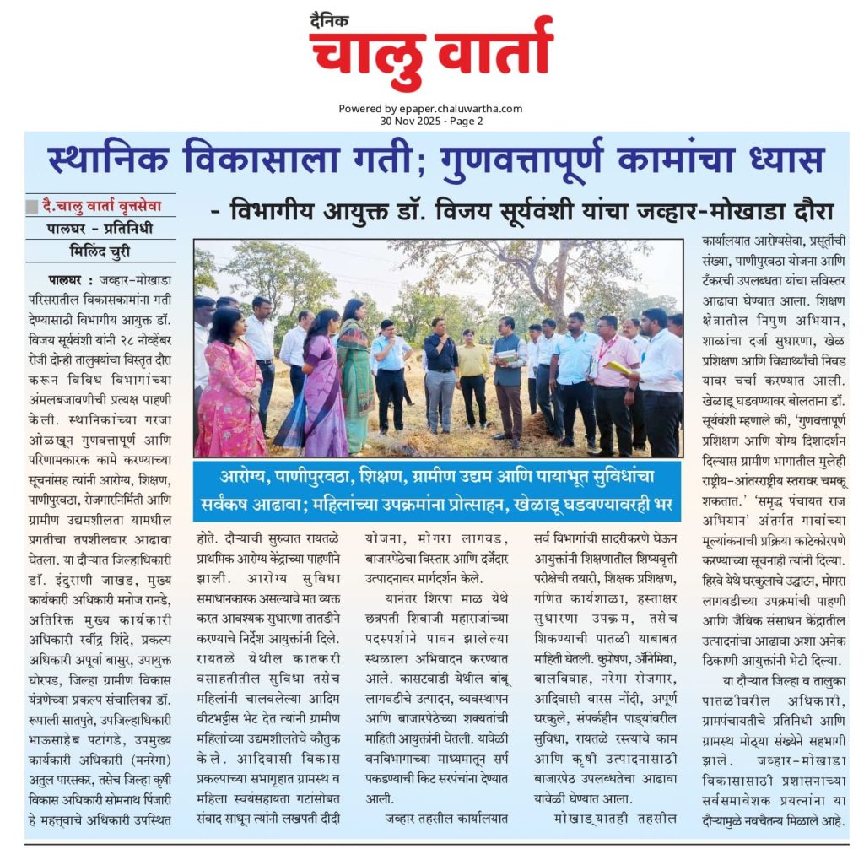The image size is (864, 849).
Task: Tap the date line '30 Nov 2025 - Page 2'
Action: tap(431, 121)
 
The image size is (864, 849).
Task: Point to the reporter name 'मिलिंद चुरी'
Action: tap(100, 251)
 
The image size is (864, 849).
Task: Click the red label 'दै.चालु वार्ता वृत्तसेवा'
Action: tap(101, 205)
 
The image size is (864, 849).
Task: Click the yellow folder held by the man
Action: tap(618, 367)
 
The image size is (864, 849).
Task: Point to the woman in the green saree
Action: tap(354, 371)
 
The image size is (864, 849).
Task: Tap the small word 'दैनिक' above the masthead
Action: tap(329, 19)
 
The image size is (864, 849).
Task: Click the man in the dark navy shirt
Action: tap(440, 371)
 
